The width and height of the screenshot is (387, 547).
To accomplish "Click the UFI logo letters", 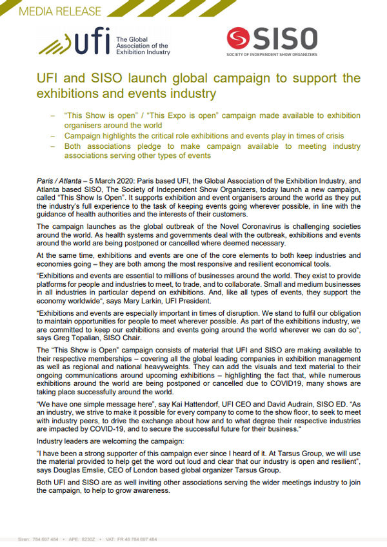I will tap(90, 43).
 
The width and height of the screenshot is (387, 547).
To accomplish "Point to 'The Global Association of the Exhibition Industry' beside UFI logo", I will tap(143, 46).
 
